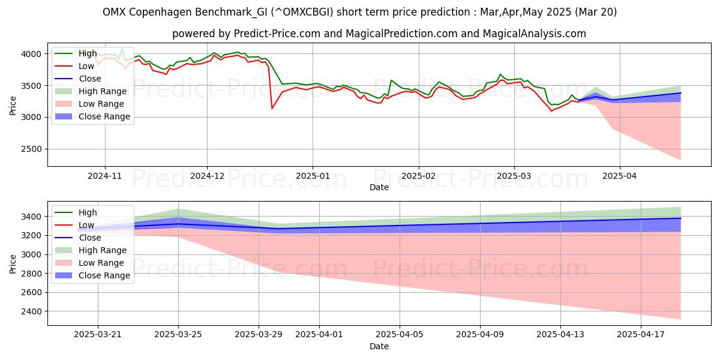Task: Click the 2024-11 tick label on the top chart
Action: click(105, 176)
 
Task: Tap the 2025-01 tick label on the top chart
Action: click(312, 176)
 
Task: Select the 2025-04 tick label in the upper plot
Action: click(619, 176)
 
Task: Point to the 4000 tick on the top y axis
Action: click(32, 54)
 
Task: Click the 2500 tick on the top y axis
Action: click(32, 149)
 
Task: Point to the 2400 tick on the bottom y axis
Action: click(32, 311)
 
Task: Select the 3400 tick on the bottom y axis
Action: click(32, 217)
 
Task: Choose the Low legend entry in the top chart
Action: click(86, 66)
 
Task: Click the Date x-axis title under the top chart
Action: click(379, 187)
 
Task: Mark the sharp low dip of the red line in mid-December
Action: click(272, 108)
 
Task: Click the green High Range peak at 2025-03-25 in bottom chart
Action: click(179, 209)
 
